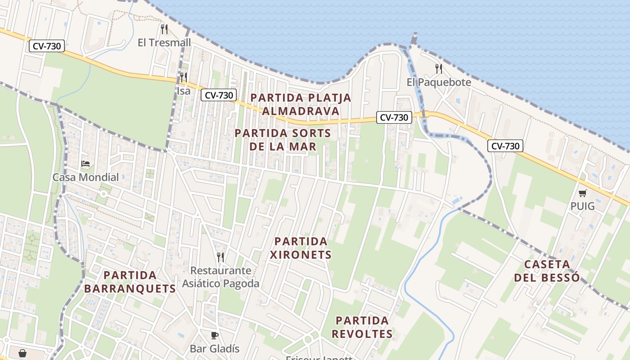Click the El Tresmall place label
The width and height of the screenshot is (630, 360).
[x=164, y=43]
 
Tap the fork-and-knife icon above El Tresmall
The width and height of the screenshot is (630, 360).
[x=164, y=30]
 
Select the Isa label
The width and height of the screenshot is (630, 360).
[x=184, y=91]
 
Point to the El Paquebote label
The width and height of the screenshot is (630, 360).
[x=439, y=82]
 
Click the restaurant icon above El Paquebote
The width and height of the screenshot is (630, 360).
[x=439, y=69]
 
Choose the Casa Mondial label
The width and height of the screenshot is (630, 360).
[x=85, y=177]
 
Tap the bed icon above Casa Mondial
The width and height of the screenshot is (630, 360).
[x=85, y=164]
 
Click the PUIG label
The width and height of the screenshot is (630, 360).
[x=582, y=207]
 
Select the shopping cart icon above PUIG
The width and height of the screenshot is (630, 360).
[x=583, y=193]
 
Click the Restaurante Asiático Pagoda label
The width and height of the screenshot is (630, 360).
[x=220, y=277]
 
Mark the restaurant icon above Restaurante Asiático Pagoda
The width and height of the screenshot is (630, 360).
[x=220, y=257]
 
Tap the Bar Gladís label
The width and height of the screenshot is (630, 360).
[x=215, y=349]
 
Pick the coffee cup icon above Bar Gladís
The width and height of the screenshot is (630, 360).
[x=215, y=335]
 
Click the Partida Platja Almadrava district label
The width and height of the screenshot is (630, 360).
[x=301, y=104]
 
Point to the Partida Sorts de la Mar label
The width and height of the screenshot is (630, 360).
[x=283, y=140]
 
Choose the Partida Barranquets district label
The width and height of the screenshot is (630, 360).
[x=130, y=282]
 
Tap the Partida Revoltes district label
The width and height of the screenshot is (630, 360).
[x=362, y=327]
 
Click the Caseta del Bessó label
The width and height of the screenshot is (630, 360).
[x=547, y=271]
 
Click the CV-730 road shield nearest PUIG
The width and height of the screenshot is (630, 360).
[x=505, y=146]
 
